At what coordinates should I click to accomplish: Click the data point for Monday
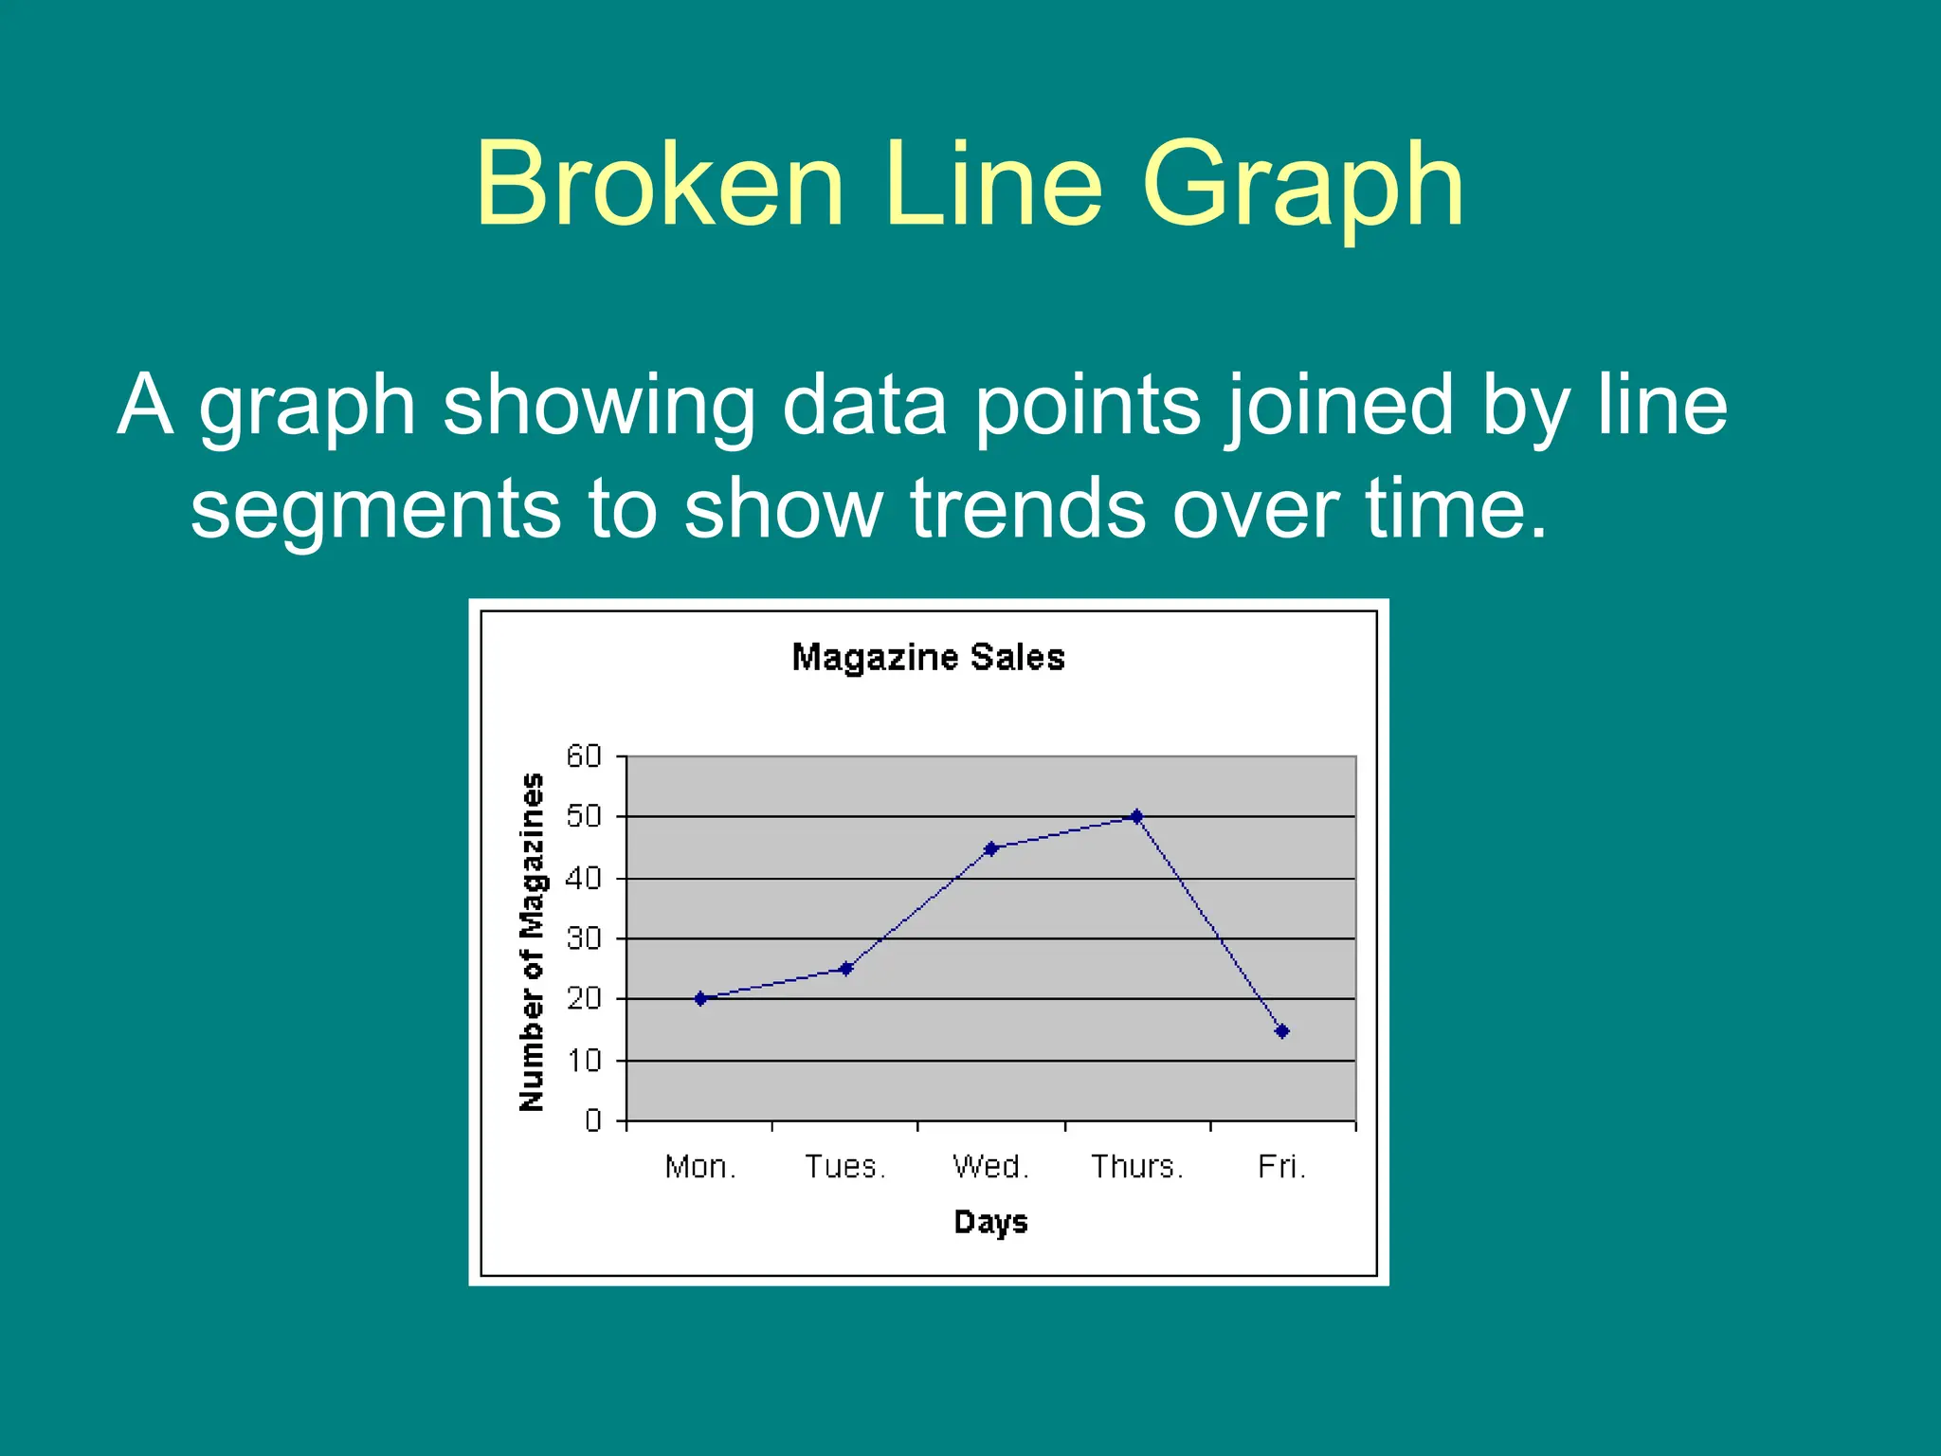tap(700, 998)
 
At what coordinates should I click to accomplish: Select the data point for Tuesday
tap(846, 968)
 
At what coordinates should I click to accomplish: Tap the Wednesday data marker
tap(991, 848)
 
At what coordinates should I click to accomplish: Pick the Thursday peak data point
tap(1137, 816)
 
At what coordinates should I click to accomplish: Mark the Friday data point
tap(1282, 1030)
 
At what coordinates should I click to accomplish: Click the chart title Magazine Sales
tap(928, 657)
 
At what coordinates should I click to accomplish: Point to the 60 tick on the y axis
tap(584, 756)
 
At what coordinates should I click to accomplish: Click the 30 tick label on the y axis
tap(584, 938)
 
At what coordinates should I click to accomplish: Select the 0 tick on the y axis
tap(593, 1120)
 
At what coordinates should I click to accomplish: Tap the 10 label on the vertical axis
tap(584, 1060)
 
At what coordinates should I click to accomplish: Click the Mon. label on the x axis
tap(700, 1166)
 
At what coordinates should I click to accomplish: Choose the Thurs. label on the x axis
tap(1137, 1166)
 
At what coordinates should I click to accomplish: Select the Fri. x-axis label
tap(1282, 1166)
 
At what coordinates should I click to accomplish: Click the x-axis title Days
tap(990, 1221)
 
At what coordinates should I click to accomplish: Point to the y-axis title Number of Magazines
tap(533, 940)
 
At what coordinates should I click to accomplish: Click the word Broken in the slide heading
tap(660, 184)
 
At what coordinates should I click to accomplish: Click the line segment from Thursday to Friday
tap(1210, 924)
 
